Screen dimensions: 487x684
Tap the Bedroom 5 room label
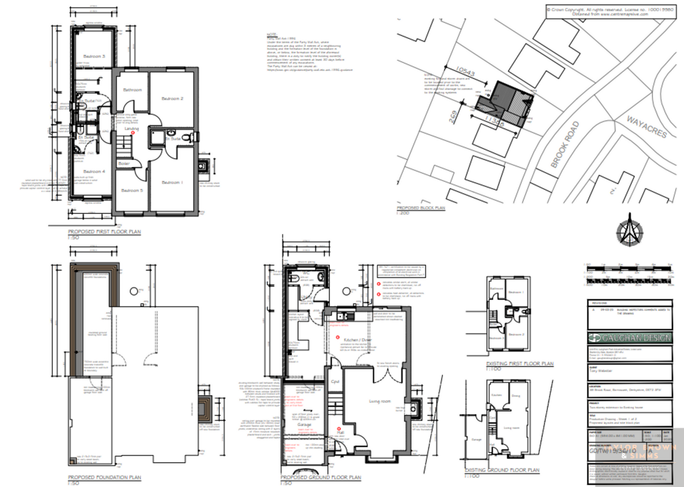pyautogui.click(x=132, y=190)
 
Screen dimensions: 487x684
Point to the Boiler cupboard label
pyautogui.click(x=124, y=163)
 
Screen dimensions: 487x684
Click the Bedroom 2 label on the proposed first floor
pyautogui.click(x=172, y=99)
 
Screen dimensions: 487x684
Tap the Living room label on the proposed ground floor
pyautogui.click(x=378, y=401)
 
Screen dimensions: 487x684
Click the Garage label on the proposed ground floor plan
pyautogui.click(x=297, y=424)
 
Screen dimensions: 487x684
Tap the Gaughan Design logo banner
pyautogui.click(x=629, y=338)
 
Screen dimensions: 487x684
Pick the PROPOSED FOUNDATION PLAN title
pyautogui.click(x=104, y=478)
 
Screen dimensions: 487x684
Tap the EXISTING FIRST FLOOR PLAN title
pyautogui.click(x=519, y=364)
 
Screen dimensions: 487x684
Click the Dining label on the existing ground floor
pyautogui.click(x=515, y=395)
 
